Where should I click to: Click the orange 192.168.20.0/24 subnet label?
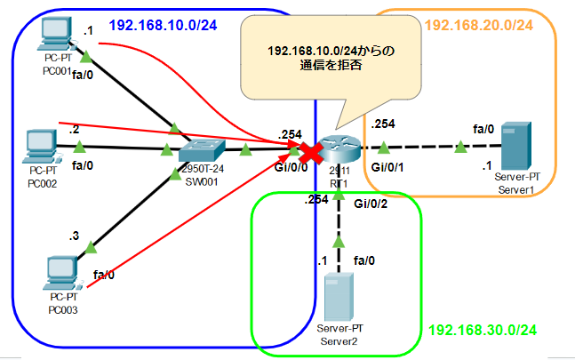coord(478,24)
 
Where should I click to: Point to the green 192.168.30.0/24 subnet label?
coord(482,330)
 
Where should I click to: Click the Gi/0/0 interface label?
coord(291,166)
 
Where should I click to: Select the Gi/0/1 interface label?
coord(389,166)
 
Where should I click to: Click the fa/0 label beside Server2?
coord(364,260)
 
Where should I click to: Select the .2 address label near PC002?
coord(74,129)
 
